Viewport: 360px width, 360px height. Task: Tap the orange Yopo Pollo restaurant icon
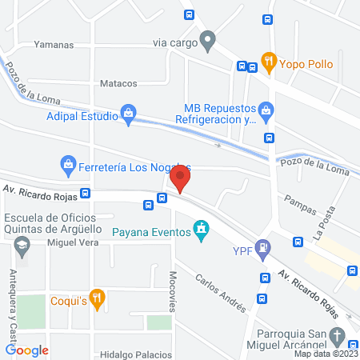[x=269, y=59]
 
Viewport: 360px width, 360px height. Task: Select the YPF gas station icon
[x=262, y=250]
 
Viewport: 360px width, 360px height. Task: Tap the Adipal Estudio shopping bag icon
[x=128, y=114]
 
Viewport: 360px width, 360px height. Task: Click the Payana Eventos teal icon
[x=202, y=231]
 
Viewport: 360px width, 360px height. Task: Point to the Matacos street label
[x=118, y=83]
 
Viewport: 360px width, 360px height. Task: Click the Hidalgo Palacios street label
[x=136, y=354]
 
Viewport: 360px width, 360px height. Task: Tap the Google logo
[x=27, y=350]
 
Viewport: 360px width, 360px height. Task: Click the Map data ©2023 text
[x=325, y=354]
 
